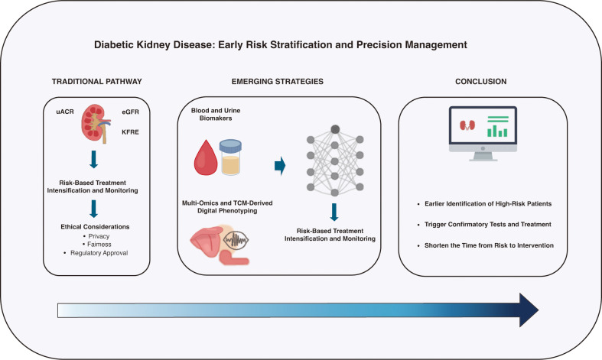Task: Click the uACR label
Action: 65,112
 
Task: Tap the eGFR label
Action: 130,112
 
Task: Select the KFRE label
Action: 130,132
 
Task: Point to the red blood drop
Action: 206,157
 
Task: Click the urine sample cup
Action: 230,157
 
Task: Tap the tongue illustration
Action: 207,242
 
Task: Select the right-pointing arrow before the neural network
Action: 280,166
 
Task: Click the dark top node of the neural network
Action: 335,129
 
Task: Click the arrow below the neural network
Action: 334,212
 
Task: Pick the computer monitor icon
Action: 483,134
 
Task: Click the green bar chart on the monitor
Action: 497,127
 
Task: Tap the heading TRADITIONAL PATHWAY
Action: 96,81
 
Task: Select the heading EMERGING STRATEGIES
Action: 278,81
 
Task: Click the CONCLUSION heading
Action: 480,81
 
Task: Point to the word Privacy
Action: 99,236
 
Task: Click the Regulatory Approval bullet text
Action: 99,253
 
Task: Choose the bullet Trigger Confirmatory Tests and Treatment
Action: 488,225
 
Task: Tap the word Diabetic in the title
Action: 113,45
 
